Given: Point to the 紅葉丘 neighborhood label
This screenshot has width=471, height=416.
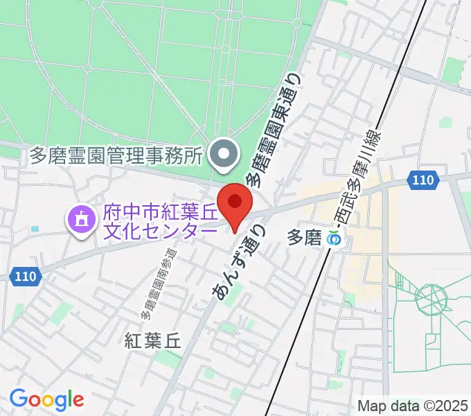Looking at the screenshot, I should tap(152, 340).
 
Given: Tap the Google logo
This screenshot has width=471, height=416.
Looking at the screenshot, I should tap(46, 399).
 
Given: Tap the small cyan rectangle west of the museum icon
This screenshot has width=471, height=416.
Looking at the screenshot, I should tap(35, 228).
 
